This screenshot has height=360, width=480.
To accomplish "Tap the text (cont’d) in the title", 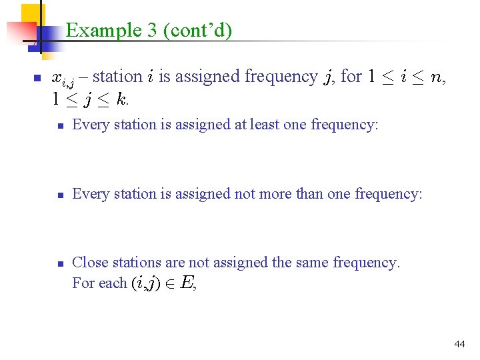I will click(198, 30).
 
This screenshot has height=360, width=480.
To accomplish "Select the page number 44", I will click(459, 344).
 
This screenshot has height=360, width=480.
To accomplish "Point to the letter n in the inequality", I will click(436, 77).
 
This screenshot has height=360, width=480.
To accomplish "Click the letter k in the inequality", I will click(121, 100).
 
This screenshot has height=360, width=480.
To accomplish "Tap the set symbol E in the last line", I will click(187, 283).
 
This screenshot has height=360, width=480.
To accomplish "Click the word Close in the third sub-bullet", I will click(89, 263).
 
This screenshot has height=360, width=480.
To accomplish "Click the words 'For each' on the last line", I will click(99, 283).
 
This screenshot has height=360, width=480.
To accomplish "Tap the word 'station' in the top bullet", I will click(118, 77).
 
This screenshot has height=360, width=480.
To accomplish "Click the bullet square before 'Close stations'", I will click(59, 264).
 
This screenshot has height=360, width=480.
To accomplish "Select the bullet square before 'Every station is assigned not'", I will click(59, 195).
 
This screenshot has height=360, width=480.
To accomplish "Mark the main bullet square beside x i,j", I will click(37, 78).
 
